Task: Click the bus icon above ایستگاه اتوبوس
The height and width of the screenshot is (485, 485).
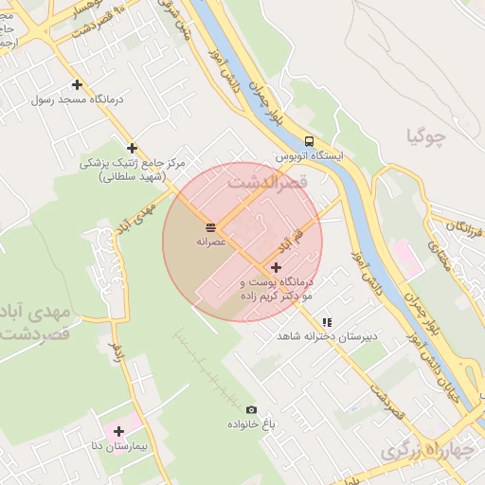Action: click(309, 141)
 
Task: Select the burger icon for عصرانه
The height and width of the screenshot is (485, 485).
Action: click(209, 227)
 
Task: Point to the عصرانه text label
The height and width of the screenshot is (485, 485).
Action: click(209, 242)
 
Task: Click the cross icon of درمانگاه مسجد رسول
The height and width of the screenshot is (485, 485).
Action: click(77, 85)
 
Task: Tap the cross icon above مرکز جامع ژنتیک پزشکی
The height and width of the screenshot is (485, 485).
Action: click(132, 148)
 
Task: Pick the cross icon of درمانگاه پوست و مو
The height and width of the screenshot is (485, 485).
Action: click(276, 268)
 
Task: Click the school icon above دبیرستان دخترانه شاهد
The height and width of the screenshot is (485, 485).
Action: click(327, 322)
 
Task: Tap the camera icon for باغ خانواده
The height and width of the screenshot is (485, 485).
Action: click(251, 409)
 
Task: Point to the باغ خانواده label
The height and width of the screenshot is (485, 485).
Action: click(250, 424)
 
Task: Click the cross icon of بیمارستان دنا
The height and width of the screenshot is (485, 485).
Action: click(118, 431)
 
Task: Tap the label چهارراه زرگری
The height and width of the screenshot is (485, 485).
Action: click(426, 453)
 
